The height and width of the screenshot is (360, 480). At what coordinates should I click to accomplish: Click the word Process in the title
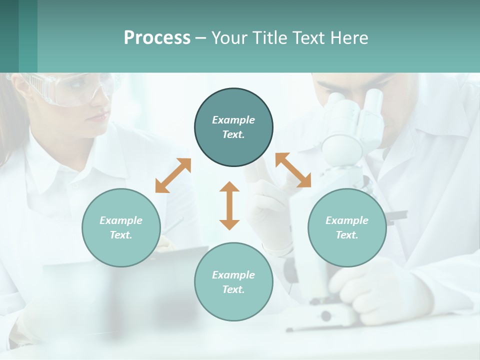click(157, 38)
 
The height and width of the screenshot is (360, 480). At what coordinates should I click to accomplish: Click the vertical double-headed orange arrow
click(229, 205)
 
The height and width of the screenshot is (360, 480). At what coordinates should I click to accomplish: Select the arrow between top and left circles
click(173, 175)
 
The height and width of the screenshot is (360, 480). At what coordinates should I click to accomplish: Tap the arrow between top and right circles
click(293, 170)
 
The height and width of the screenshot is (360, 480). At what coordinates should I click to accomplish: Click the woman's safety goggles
click(75, 90)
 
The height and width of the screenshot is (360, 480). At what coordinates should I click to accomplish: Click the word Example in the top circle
click(233, 120)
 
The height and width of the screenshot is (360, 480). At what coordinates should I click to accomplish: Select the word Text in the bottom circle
click(233, 289)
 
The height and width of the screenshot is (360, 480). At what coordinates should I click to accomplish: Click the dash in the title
click(200, 38)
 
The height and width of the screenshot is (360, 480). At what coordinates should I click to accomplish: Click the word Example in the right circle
click(347, 220)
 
